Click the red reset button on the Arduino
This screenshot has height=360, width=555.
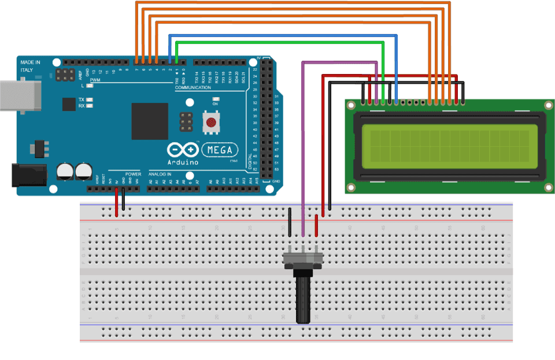click(x=212, y=123)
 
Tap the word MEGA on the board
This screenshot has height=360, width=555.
click(x=220, y=150)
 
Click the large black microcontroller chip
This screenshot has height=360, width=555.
click(x=150, y=121)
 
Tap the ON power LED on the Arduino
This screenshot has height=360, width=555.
click(x=215, y=99)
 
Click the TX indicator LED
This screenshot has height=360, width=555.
click(x=90, y=100)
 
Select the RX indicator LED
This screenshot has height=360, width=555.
click(x=90, y=106)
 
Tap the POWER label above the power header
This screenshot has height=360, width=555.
click(x=133, y=174)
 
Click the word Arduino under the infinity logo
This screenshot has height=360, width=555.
click(x=183, y=162)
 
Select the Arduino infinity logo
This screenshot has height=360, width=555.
click(x=183, y=150)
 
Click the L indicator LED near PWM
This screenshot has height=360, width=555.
click(x=90, y=86)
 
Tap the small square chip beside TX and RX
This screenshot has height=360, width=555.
click(x=68, y=103)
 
